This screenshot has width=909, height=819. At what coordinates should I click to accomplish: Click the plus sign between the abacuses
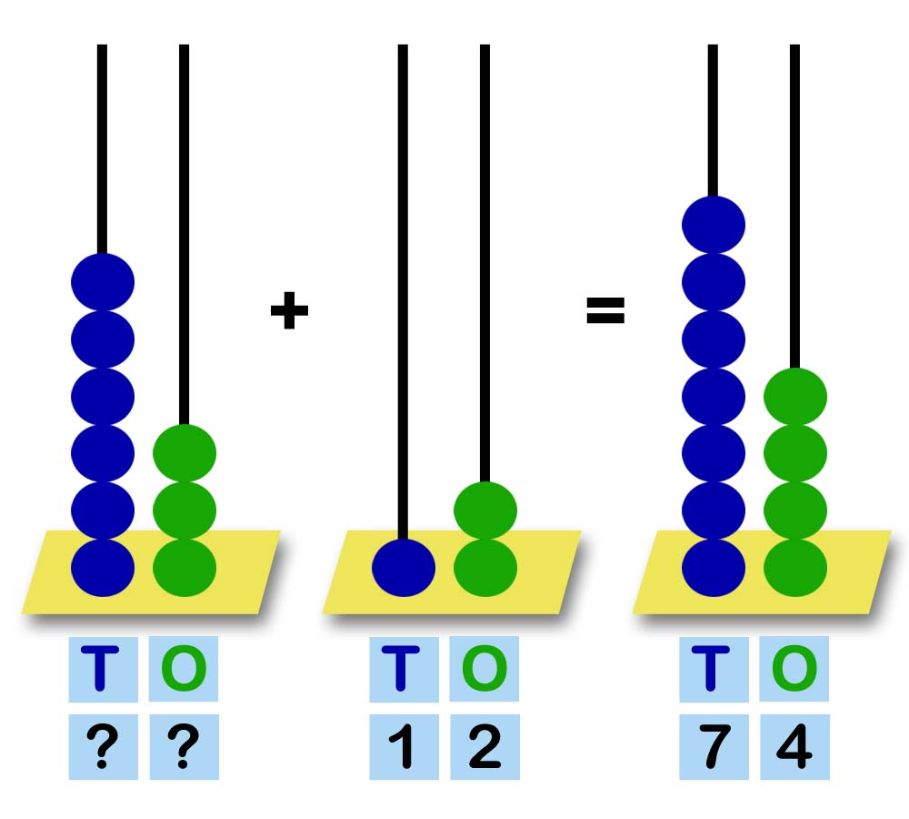[289, 312]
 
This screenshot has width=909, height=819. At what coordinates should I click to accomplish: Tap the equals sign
[605, 312]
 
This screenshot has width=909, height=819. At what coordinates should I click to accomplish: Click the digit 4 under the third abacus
[794, 748]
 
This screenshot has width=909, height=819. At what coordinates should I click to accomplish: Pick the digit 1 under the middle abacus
[403, 748]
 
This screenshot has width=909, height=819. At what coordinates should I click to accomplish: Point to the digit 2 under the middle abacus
[484, 748]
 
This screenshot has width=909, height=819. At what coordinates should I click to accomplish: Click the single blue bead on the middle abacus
[404, 567]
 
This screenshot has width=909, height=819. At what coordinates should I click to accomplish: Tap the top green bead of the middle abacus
[485, 510]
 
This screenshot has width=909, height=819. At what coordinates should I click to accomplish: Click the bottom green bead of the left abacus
[185, 567]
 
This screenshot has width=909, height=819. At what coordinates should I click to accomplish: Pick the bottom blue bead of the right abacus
[714, 567]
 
